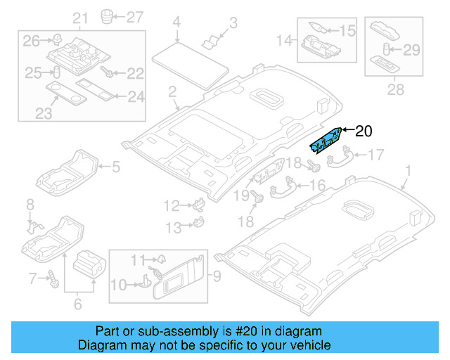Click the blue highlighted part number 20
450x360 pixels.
point(328,139)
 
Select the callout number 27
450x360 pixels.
point(134,15)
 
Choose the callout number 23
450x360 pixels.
point(43,113)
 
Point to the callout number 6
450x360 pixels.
point(77,304)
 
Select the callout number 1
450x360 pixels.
point(409,171)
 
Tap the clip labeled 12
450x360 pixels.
point(199,205)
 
